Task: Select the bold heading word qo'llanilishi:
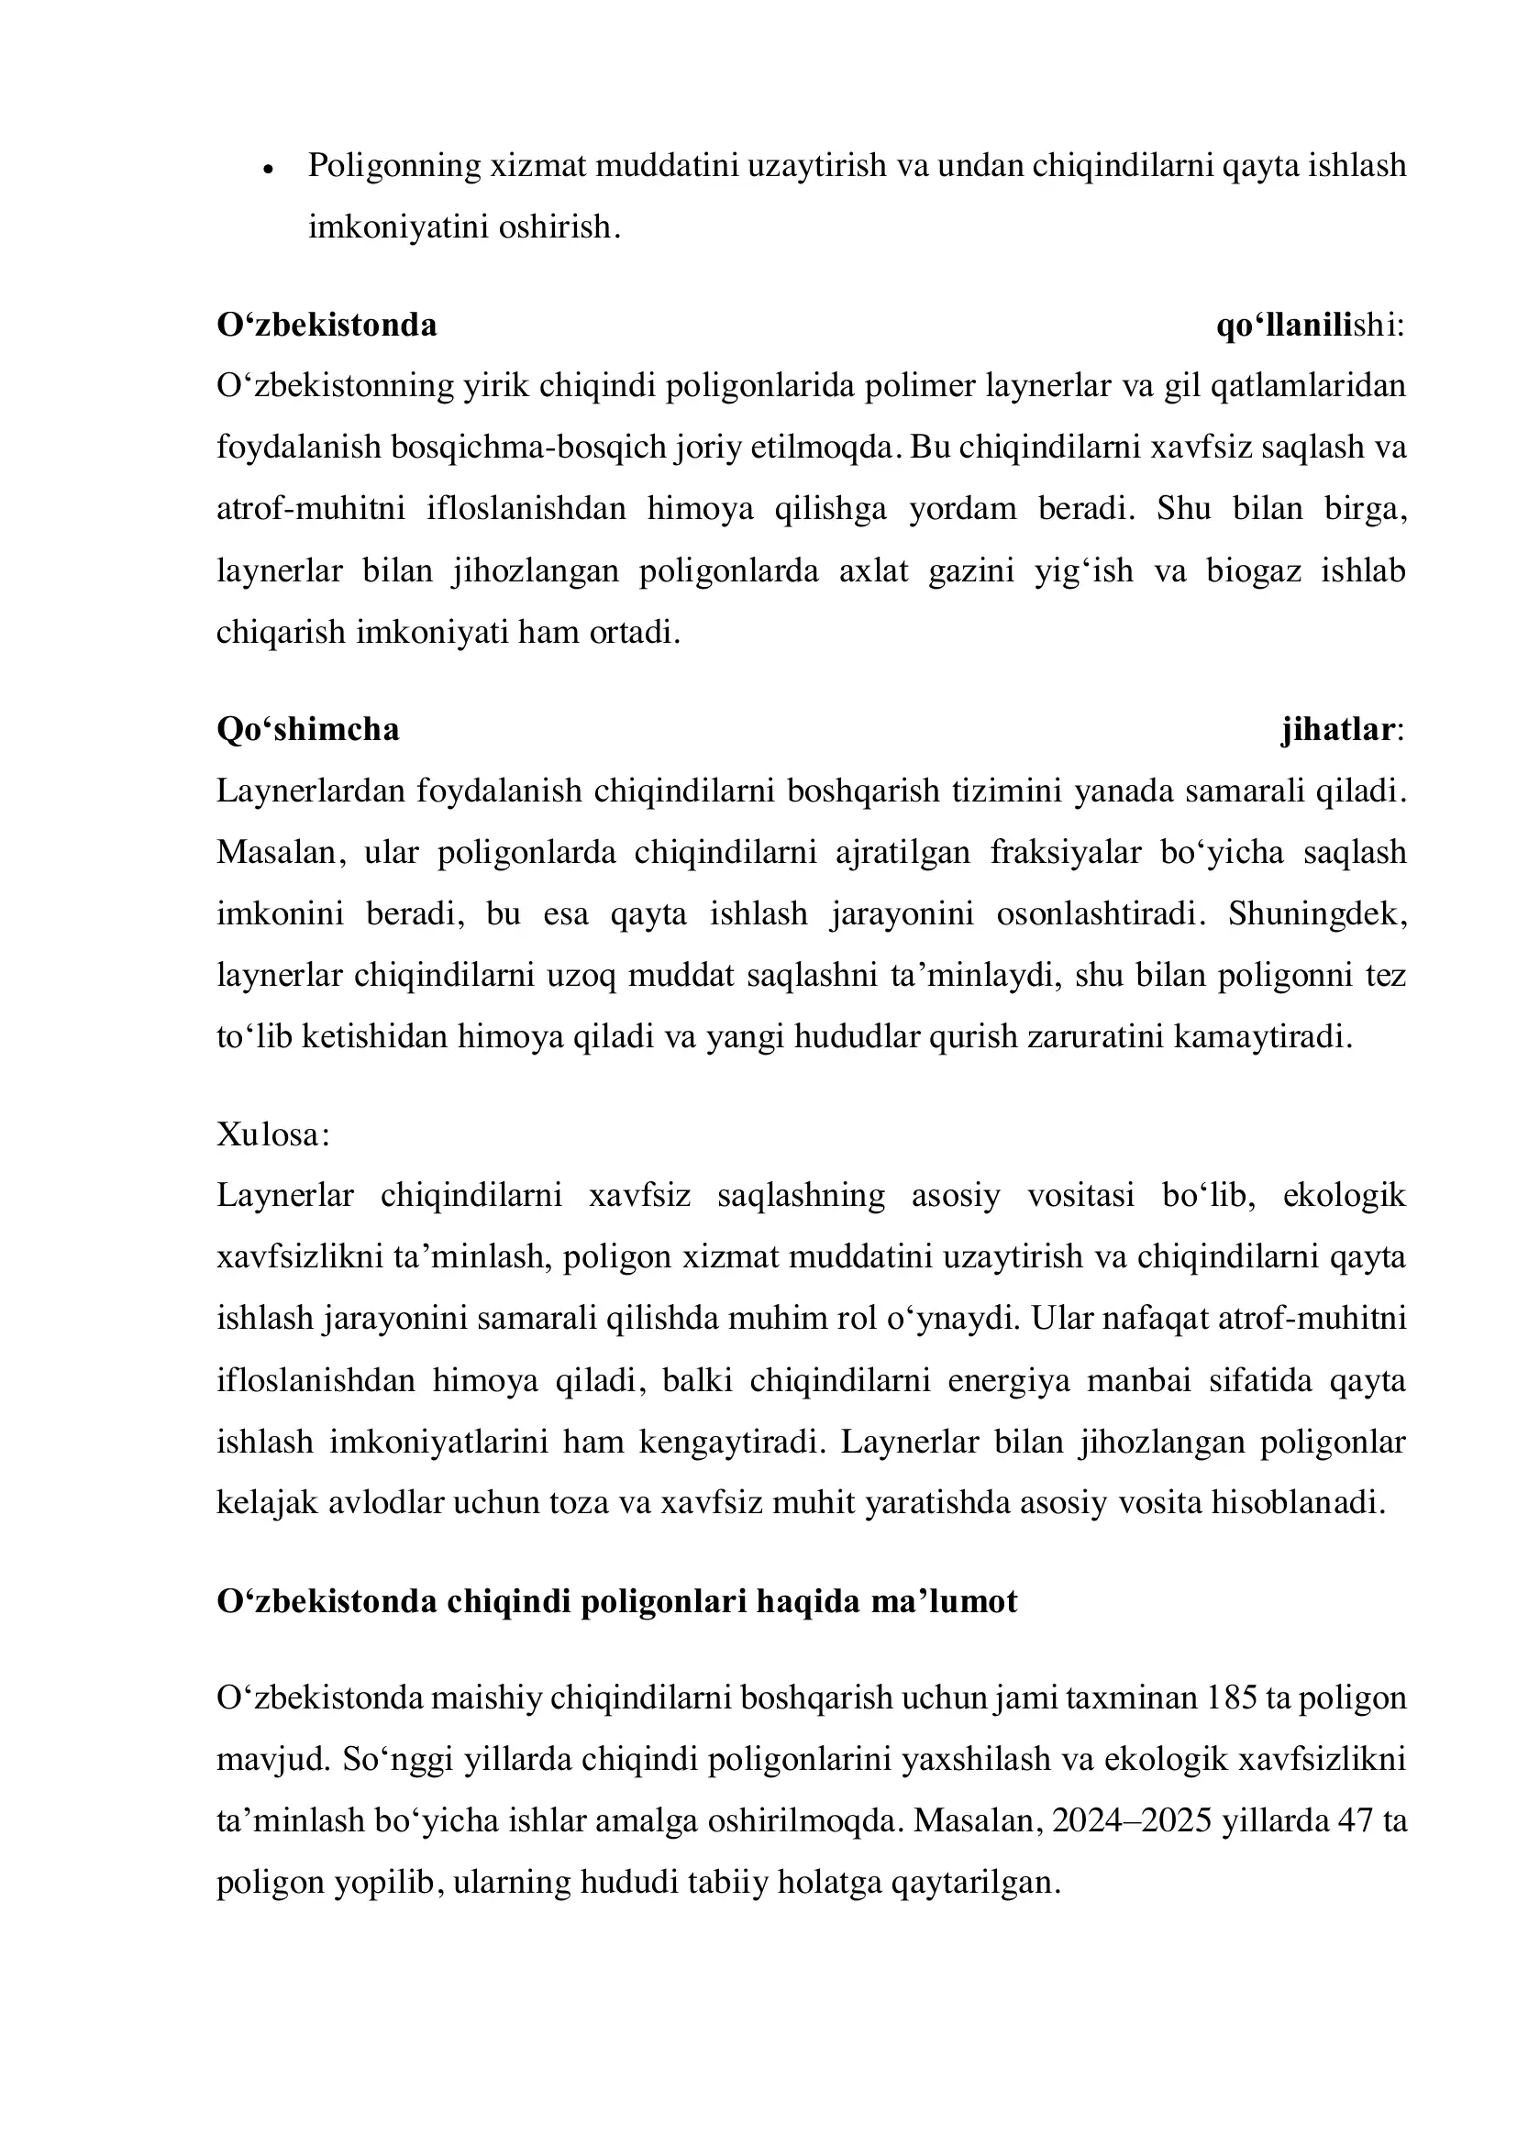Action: click(1310, 326)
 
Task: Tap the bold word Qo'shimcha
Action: click(307, 729)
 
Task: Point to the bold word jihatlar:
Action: click(1342, 729)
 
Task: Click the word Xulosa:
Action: click(272, 1134)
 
